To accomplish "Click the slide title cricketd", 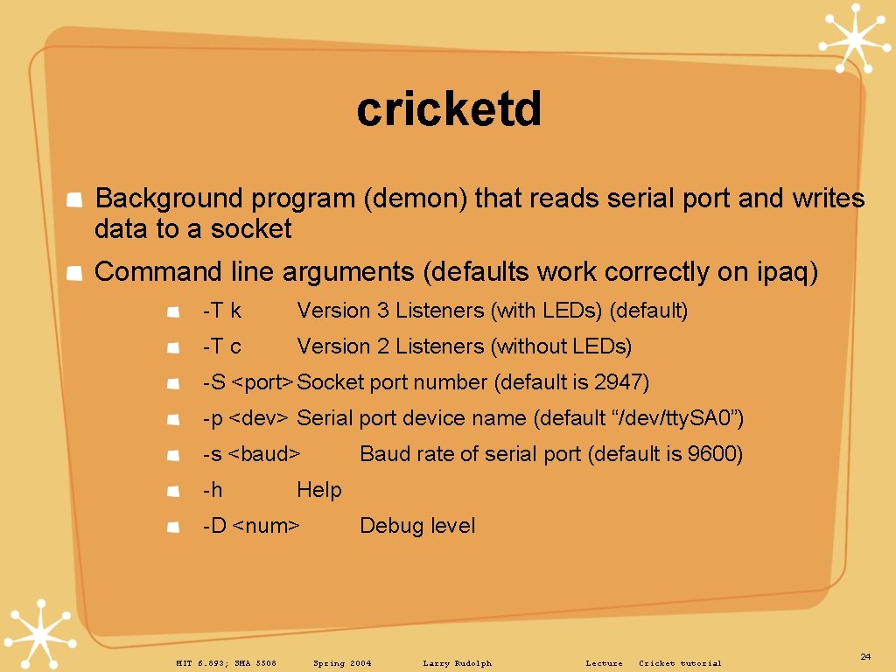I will (449, 109).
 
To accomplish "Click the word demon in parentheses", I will (416, 199).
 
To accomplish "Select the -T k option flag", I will (221, 311).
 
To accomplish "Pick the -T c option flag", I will (221, 346).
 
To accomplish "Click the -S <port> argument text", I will (248, 382).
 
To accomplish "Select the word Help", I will (318, 490).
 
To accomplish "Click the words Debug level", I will (417, 526).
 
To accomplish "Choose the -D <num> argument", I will (251, 526).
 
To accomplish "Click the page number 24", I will (865, 656).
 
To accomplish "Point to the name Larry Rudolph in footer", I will (457, 663).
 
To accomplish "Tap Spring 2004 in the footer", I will (342, 663).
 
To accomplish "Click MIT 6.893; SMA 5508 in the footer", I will (226, 663).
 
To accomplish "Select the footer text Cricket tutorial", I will (680, 663).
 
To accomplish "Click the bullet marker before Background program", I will (76, 200).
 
